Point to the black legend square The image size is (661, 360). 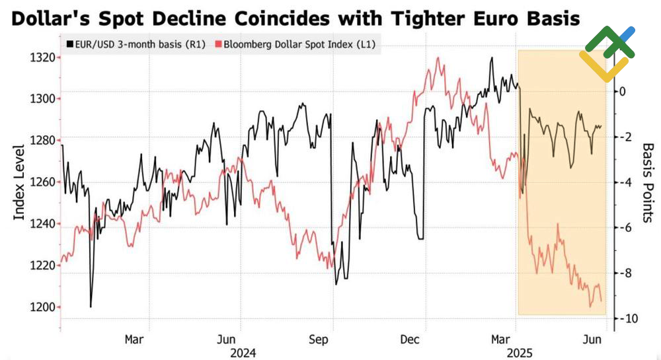click(x=69, y=45)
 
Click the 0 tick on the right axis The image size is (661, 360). click(x=622, y=91)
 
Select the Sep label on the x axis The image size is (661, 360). click(x=320, y=340)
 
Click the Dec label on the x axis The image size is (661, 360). click(x=411, y=340)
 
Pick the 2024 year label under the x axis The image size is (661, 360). click(x=243, y=353)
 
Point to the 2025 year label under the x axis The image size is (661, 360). click(x=516, y=353)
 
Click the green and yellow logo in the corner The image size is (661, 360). click(x=607, y=53)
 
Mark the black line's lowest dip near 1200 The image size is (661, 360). click(x=91, y=306)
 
